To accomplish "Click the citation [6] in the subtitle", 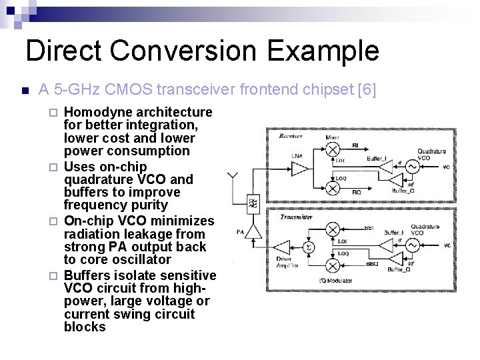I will pos(367,89).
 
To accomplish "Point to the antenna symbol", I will pos(234,179).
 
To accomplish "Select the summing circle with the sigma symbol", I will pos(307,247).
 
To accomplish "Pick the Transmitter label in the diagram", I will pos(295,217).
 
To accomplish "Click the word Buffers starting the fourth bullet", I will pos(89,275).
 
